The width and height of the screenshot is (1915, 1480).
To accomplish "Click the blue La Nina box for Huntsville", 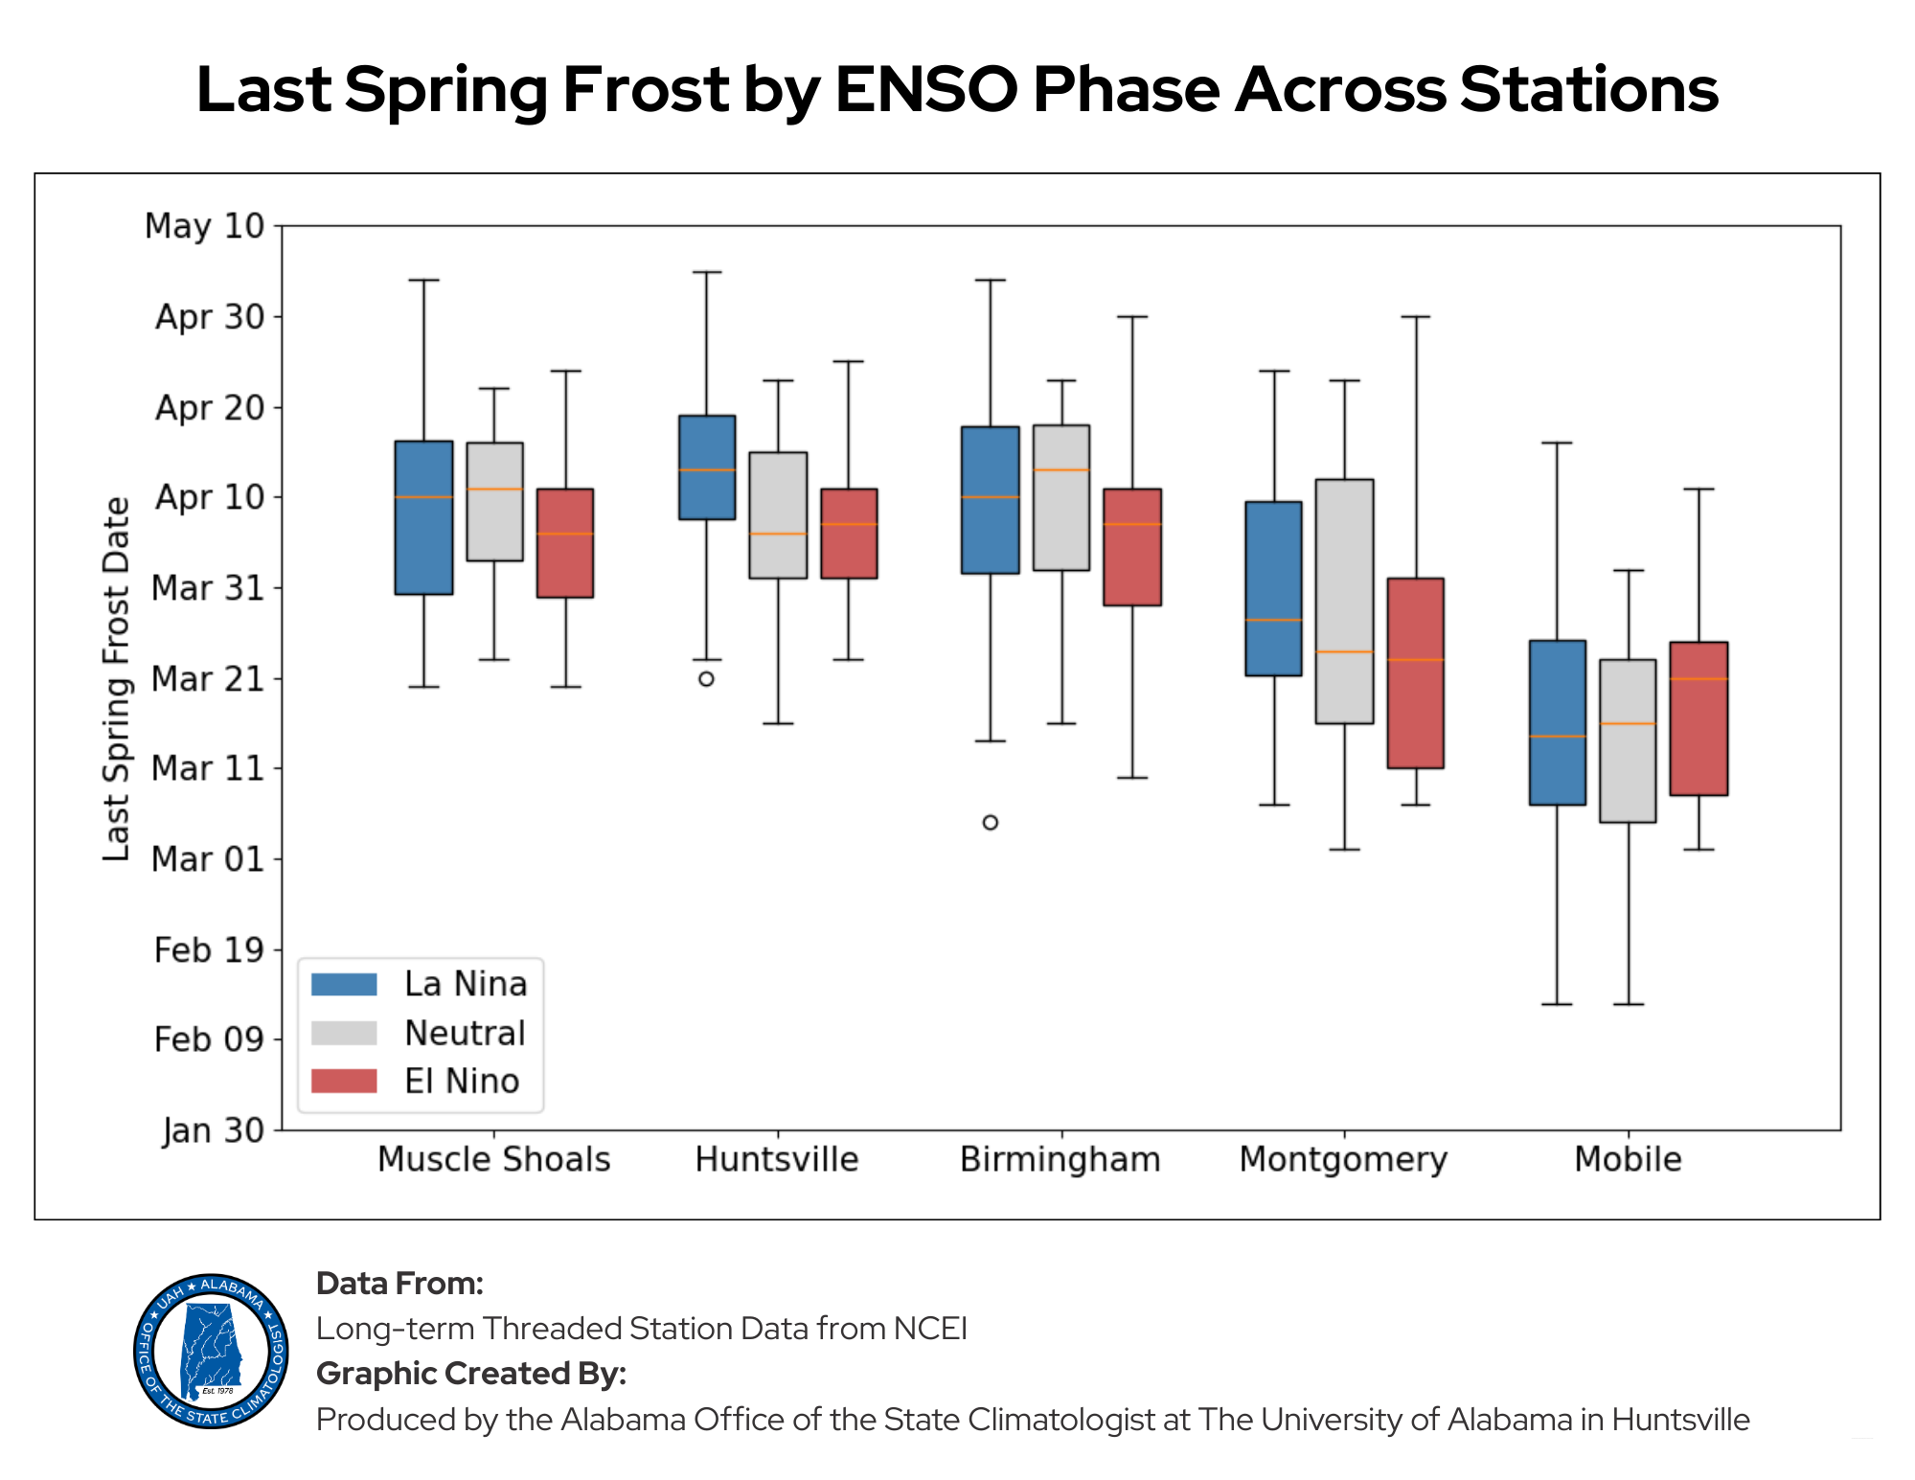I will pyautogui.click(x=707, y=467).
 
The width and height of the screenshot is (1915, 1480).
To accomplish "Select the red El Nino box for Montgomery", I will pyautogui.click(x=1415, y=672).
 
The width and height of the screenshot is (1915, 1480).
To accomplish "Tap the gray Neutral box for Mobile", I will pyautogui.click(x=1628, y=740).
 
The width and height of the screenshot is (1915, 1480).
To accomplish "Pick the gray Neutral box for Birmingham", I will pyautogui.click(x=1061, y=497).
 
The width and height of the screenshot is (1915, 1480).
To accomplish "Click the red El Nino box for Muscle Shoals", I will pyautogui.click(x=565, y=543).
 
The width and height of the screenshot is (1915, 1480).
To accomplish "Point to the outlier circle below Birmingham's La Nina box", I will pyautogui.click(x=991, y=822).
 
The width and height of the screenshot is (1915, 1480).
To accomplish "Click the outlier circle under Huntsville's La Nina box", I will pyautogui.click(x=706, y=679).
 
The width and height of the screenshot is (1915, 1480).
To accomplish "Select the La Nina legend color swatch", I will pyautogui.click(x=344, y=984).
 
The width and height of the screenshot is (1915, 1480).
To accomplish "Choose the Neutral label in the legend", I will pyautogui.click(x=465, y=1033).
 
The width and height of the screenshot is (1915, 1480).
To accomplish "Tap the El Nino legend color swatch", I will pyautogui.click(x=344, y=1082).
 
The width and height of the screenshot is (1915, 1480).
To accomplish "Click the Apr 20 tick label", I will pyautogui.click(x=210, y=407).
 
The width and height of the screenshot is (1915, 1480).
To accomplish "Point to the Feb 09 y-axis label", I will pyautogui.click(x=209, y=1039).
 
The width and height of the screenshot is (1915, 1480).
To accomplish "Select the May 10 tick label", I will pyautogui.click(x=204, y=226).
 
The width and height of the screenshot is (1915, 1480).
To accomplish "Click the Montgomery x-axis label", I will pyautogui.click(x=1343, y=1159).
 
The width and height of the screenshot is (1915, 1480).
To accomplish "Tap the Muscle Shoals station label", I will pyautogui.click(x=493, y=1159).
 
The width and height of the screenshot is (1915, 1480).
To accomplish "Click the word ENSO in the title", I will pyautogui.click(x=924, y=89).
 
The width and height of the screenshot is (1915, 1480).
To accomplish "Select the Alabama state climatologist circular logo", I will pyautogui.click(x=211, y=1351).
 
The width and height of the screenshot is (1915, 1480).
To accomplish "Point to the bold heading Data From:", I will pyautogui.click(x=399, y=1284).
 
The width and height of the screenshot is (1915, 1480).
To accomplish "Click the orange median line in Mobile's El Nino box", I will pyautogui.click(x=1698, y=679).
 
